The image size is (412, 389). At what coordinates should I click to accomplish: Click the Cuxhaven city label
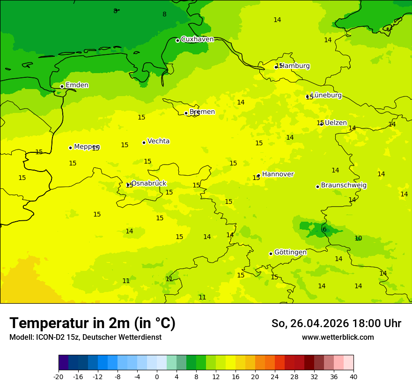(197, 39)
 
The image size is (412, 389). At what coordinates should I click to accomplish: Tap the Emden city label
(77, 85)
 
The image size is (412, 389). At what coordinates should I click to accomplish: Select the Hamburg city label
(294, 66)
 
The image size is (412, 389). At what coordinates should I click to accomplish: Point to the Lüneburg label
(326, 96)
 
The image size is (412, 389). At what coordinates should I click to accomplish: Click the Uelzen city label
(336, 123)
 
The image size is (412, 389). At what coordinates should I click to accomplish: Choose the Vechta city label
(158, 142)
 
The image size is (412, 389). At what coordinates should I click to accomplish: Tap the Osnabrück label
(148, 184)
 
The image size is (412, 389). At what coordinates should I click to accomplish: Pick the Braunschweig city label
(344, 186)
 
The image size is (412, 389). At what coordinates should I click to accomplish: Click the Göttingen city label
(290, 253)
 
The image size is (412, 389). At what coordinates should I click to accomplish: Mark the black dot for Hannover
(258, 175)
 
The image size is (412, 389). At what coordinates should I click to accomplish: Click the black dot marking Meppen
(70, 148)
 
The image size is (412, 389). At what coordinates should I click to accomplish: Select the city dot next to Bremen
(186, 113)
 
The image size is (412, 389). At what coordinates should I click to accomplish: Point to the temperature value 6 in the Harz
(324, 230)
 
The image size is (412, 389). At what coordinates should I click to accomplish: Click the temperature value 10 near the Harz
(358, 239)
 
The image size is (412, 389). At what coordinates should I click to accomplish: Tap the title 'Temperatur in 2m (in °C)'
(92, 323)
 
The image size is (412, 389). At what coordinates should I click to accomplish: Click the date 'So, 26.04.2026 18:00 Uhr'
(336, 323)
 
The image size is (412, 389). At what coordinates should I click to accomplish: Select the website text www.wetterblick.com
(338, 337)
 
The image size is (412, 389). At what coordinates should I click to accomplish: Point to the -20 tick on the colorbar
(59, 377)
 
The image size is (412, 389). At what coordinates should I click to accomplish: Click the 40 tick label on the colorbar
(353, 377)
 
